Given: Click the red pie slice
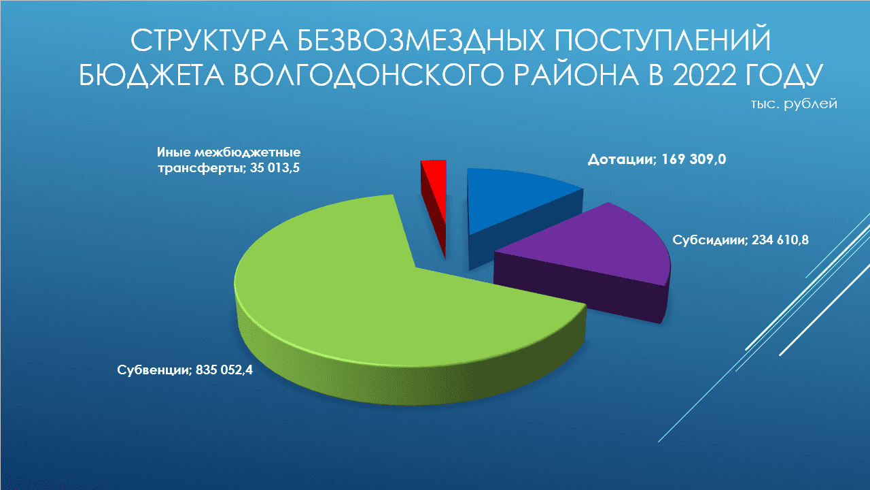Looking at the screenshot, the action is [x=435, y=195].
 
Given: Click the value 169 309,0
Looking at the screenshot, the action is [x=693, y=159].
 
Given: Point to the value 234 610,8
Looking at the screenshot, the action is [x=780, y=240].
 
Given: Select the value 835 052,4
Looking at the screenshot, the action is [x=224, y=370].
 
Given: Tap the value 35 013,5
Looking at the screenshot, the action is [x=275, y=168].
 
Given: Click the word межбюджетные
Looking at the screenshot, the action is [x=247, y=152].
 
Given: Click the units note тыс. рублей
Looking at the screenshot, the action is [x=794, y=104].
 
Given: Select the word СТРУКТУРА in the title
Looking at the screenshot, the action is [x=209, y=40].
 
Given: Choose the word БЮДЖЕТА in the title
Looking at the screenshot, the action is [x=151, y=75].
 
